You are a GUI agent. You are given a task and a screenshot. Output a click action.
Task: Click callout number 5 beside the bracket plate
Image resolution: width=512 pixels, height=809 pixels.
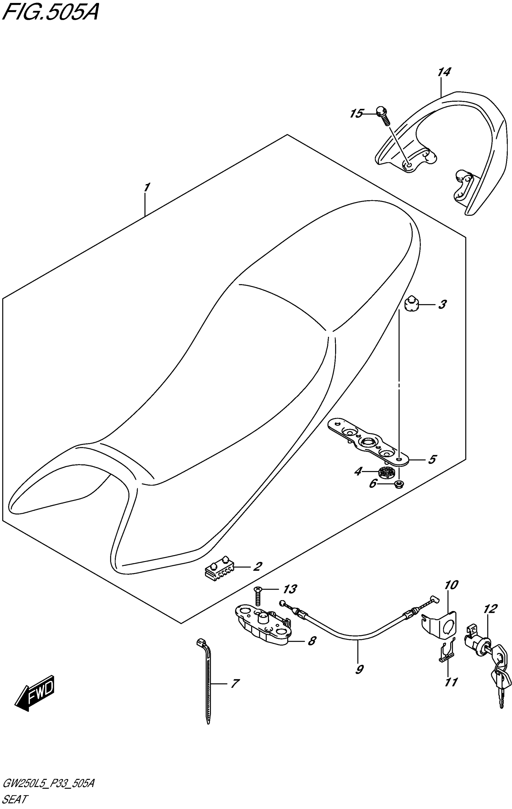click(x=432, y=459)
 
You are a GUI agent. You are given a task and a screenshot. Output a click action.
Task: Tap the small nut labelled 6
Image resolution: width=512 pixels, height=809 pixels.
click(x=399, y=484)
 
